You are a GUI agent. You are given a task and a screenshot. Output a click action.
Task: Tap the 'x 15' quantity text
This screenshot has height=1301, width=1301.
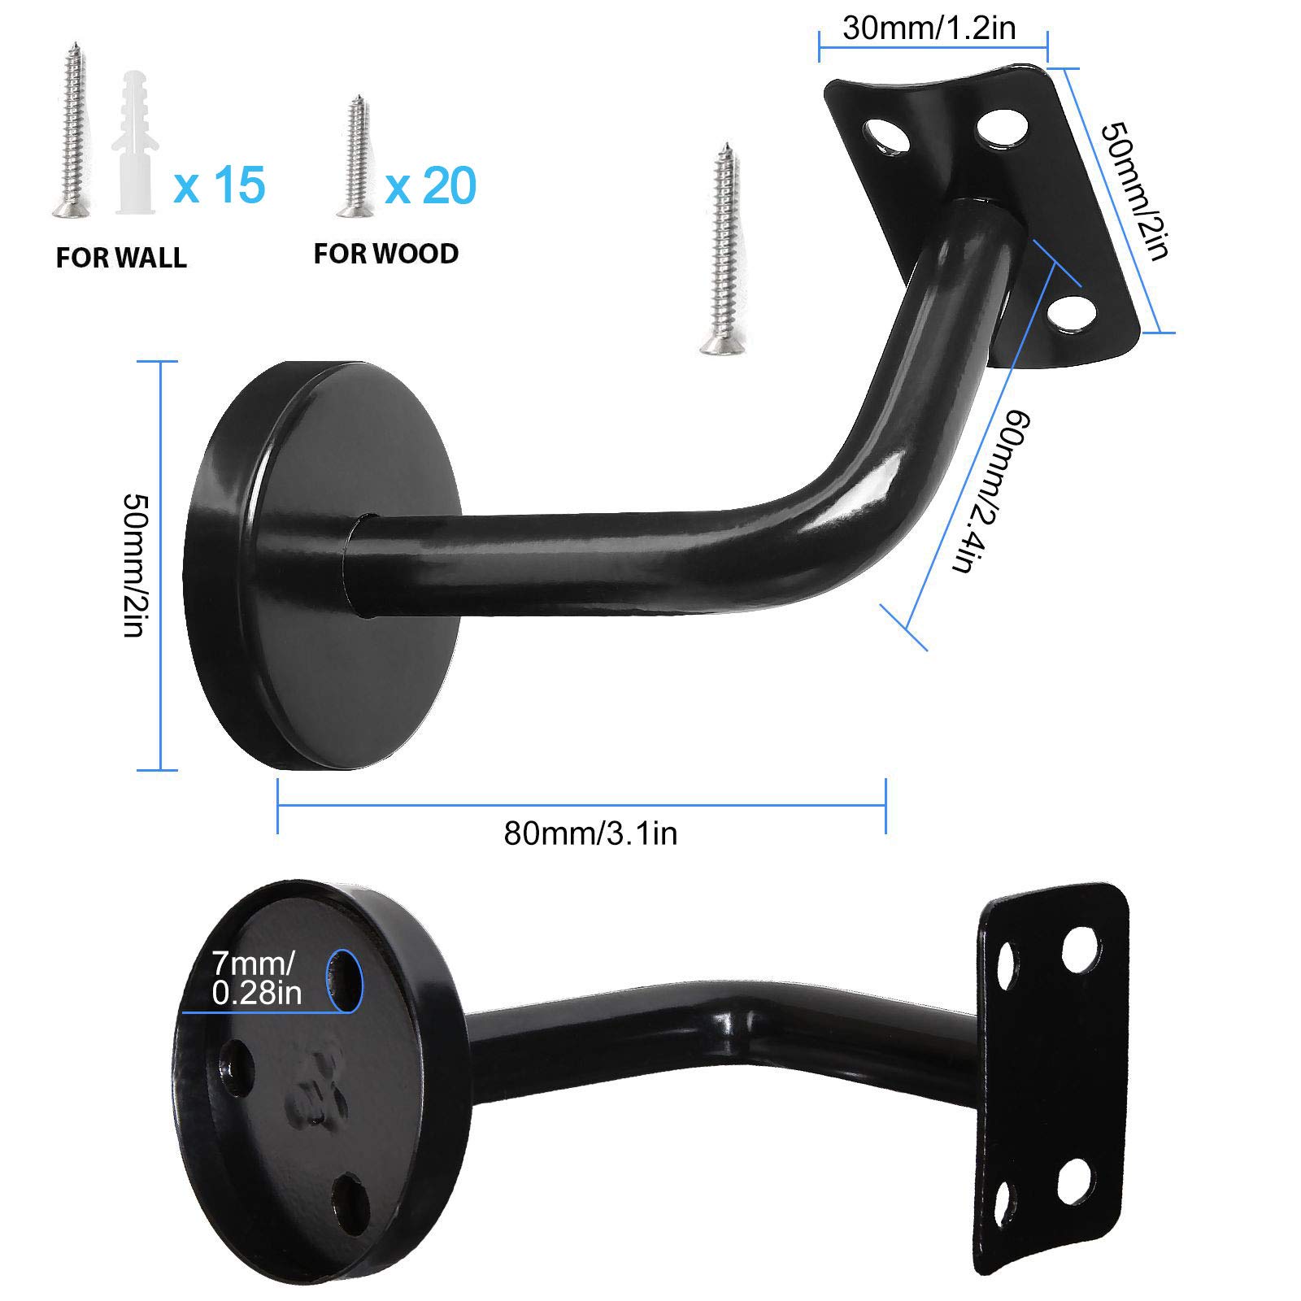click(219, 185)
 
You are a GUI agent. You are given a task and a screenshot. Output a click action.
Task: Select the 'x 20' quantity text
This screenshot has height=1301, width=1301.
click(430, 185)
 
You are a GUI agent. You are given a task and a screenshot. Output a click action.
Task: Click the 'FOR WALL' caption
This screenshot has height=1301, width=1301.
click(121, 258)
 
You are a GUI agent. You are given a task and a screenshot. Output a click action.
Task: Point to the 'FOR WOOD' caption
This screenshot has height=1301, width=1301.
click(386, 254)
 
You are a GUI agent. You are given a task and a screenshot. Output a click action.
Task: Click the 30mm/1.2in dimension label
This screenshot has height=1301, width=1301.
click(929, 29)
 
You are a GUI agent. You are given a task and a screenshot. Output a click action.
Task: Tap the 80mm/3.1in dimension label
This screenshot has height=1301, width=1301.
click(590, 833)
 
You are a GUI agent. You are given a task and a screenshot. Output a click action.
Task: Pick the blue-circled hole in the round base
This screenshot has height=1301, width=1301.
click(345, 981)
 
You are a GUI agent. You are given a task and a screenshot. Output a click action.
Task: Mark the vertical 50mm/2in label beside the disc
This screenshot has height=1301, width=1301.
click(134, 564)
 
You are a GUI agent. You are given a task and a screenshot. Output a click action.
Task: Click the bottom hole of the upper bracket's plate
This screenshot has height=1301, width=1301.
click(1071, 316)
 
